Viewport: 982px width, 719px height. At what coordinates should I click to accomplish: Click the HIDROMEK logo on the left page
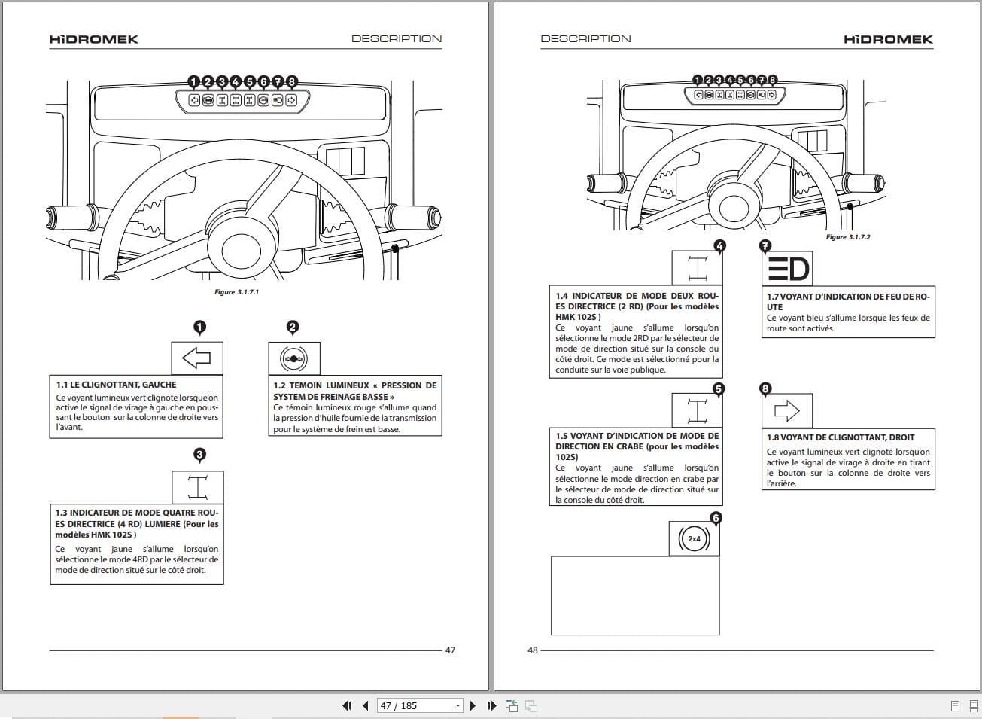[93, 39]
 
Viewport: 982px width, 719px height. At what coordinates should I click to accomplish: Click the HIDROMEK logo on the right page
[888, 39]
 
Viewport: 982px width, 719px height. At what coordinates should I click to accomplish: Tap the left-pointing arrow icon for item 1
[197, 358]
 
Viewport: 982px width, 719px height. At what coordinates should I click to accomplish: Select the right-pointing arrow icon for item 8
[786, 410]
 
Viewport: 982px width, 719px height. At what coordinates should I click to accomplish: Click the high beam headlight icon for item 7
[787, 269]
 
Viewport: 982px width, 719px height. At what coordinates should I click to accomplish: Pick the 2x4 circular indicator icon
[694, 539]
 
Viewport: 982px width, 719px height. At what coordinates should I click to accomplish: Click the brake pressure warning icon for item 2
[293, 359]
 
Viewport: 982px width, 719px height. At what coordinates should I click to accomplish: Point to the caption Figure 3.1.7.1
[236, 292]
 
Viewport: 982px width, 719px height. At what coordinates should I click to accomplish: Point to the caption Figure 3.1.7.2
[847, 237]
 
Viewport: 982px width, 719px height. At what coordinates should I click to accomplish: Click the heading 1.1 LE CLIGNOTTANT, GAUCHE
[116, 385]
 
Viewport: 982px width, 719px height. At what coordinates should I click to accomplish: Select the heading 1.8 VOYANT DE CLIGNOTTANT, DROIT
[841, 437]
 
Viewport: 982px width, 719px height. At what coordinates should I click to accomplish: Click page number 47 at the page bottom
[450, 650]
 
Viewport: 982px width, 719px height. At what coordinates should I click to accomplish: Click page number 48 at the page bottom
[533, 650]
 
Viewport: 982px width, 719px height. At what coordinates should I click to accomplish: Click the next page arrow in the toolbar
[473, 705]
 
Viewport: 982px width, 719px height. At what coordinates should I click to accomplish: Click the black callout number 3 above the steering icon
[199, 455]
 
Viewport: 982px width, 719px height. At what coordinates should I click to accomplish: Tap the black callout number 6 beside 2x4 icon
[716, 518]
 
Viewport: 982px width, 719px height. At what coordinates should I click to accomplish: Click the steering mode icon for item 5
[697, 411]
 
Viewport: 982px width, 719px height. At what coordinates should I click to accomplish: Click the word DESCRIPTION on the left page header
[397, 39]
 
